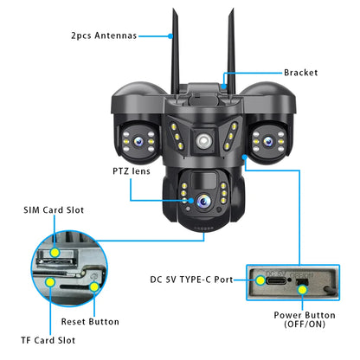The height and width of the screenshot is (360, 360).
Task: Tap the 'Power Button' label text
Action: click(x=305, y=315)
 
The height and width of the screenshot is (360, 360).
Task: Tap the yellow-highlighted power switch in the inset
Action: click(x=302, y=286)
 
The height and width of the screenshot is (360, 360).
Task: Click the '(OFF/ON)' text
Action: click(x=305, y=325)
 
